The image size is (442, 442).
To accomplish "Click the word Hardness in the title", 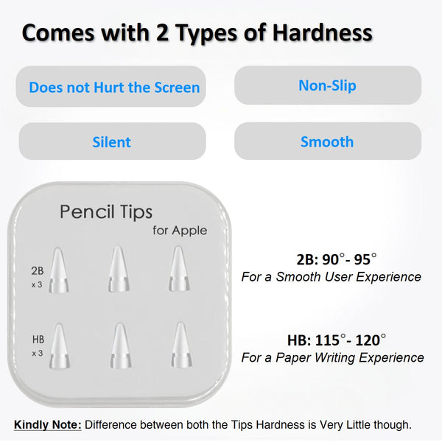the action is point(322,33).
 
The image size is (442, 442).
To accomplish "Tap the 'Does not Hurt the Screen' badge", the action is point(111,86).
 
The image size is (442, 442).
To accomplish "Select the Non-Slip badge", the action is point(328,85).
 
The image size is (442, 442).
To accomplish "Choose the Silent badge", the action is point(112,141).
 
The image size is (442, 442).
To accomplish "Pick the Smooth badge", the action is point(328,141).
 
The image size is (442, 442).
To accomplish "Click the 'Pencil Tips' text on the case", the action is point(106,211).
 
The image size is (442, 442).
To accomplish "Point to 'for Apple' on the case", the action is point(180,231).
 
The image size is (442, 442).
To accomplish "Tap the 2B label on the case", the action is point(38,271).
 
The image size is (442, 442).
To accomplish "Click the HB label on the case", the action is point(38,340).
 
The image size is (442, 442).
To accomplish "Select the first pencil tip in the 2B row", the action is point(58,270).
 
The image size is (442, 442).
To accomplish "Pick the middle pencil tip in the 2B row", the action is point(119,269).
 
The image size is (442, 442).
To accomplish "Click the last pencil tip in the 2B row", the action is point(179,268).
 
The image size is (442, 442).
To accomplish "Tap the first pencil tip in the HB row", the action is point(60,346).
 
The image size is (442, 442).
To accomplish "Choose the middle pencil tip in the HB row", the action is point(120,345).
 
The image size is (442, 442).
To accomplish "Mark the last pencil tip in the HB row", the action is point(181,345).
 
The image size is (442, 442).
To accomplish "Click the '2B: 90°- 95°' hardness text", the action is point(337,259).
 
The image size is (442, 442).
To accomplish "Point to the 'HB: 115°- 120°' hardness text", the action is point(337,340).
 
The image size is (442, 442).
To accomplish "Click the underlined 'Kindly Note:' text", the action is point(48,424).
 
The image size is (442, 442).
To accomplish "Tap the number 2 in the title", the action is point(162,33).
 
